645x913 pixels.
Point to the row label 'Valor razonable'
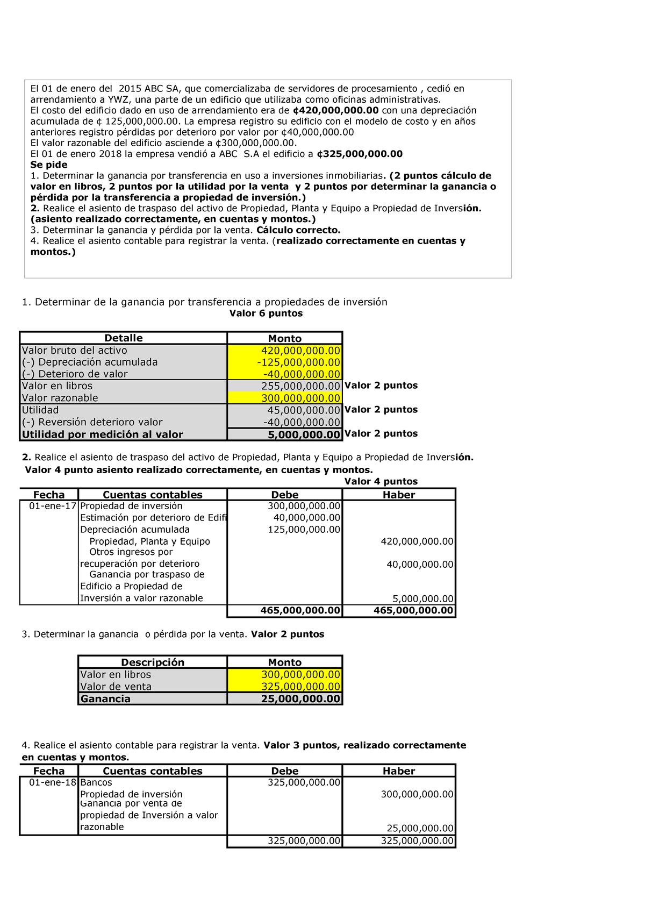(x=60, y=398)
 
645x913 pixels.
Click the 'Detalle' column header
(x=123, y=338)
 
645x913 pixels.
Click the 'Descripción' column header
(x=153, y=662)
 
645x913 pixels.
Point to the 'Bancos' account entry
(x=96, y=782)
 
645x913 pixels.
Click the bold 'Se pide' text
(x=48, y=165)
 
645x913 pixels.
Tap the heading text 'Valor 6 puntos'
(x=266, y=313)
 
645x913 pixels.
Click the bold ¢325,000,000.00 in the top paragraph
(x=359, y=154)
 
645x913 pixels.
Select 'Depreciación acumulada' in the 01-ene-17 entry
(x=134, y=530)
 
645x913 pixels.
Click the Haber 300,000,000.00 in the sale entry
(x=417, y=794)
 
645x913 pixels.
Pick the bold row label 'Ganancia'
(x=105, y=699)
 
